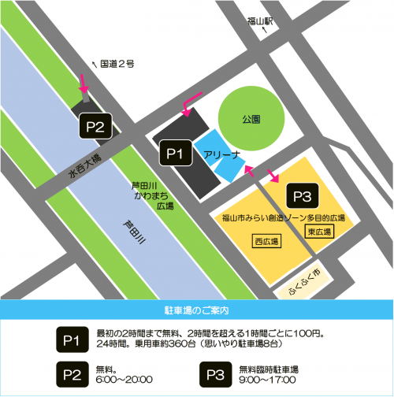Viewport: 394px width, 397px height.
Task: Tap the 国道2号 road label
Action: [x=117, y=63]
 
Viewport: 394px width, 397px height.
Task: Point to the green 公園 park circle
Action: [x=250, y=121]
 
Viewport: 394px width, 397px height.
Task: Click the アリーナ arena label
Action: [x=217, y=154]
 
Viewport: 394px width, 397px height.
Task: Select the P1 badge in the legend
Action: [x=71, y=338]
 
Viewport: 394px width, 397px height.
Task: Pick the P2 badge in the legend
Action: [x=71, y=373]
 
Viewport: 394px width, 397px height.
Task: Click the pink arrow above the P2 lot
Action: [x=84, y=83]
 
